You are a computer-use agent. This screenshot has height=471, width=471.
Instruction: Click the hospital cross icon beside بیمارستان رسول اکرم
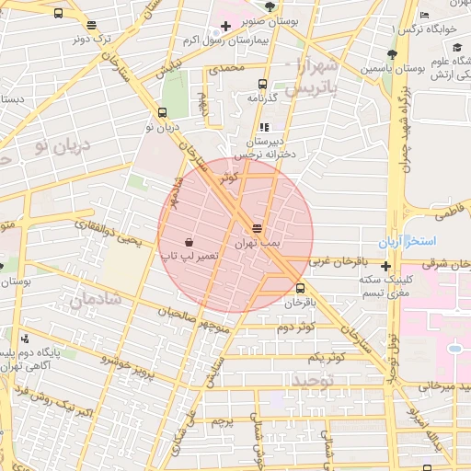click(x=225, y=26)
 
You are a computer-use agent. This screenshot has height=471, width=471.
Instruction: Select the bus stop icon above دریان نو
click(x=163, y=114)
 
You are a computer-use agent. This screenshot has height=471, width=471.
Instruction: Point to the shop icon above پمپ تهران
click(x=257, y=228)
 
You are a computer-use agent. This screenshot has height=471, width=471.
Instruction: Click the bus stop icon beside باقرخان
click(x=301, y=287)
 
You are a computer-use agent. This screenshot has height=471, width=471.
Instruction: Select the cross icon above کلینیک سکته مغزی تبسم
click(x=386, y=266)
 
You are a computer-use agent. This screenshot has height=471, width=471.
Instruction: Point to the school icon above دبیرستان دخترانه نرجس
click(x=264, y=128)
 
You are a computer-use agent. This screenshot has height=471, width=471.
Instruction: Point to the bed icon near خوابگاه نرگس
click(x=424, y=16)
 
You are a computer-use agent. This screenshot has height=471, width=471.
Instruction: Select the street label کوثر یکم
click(x=326, y=356)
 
